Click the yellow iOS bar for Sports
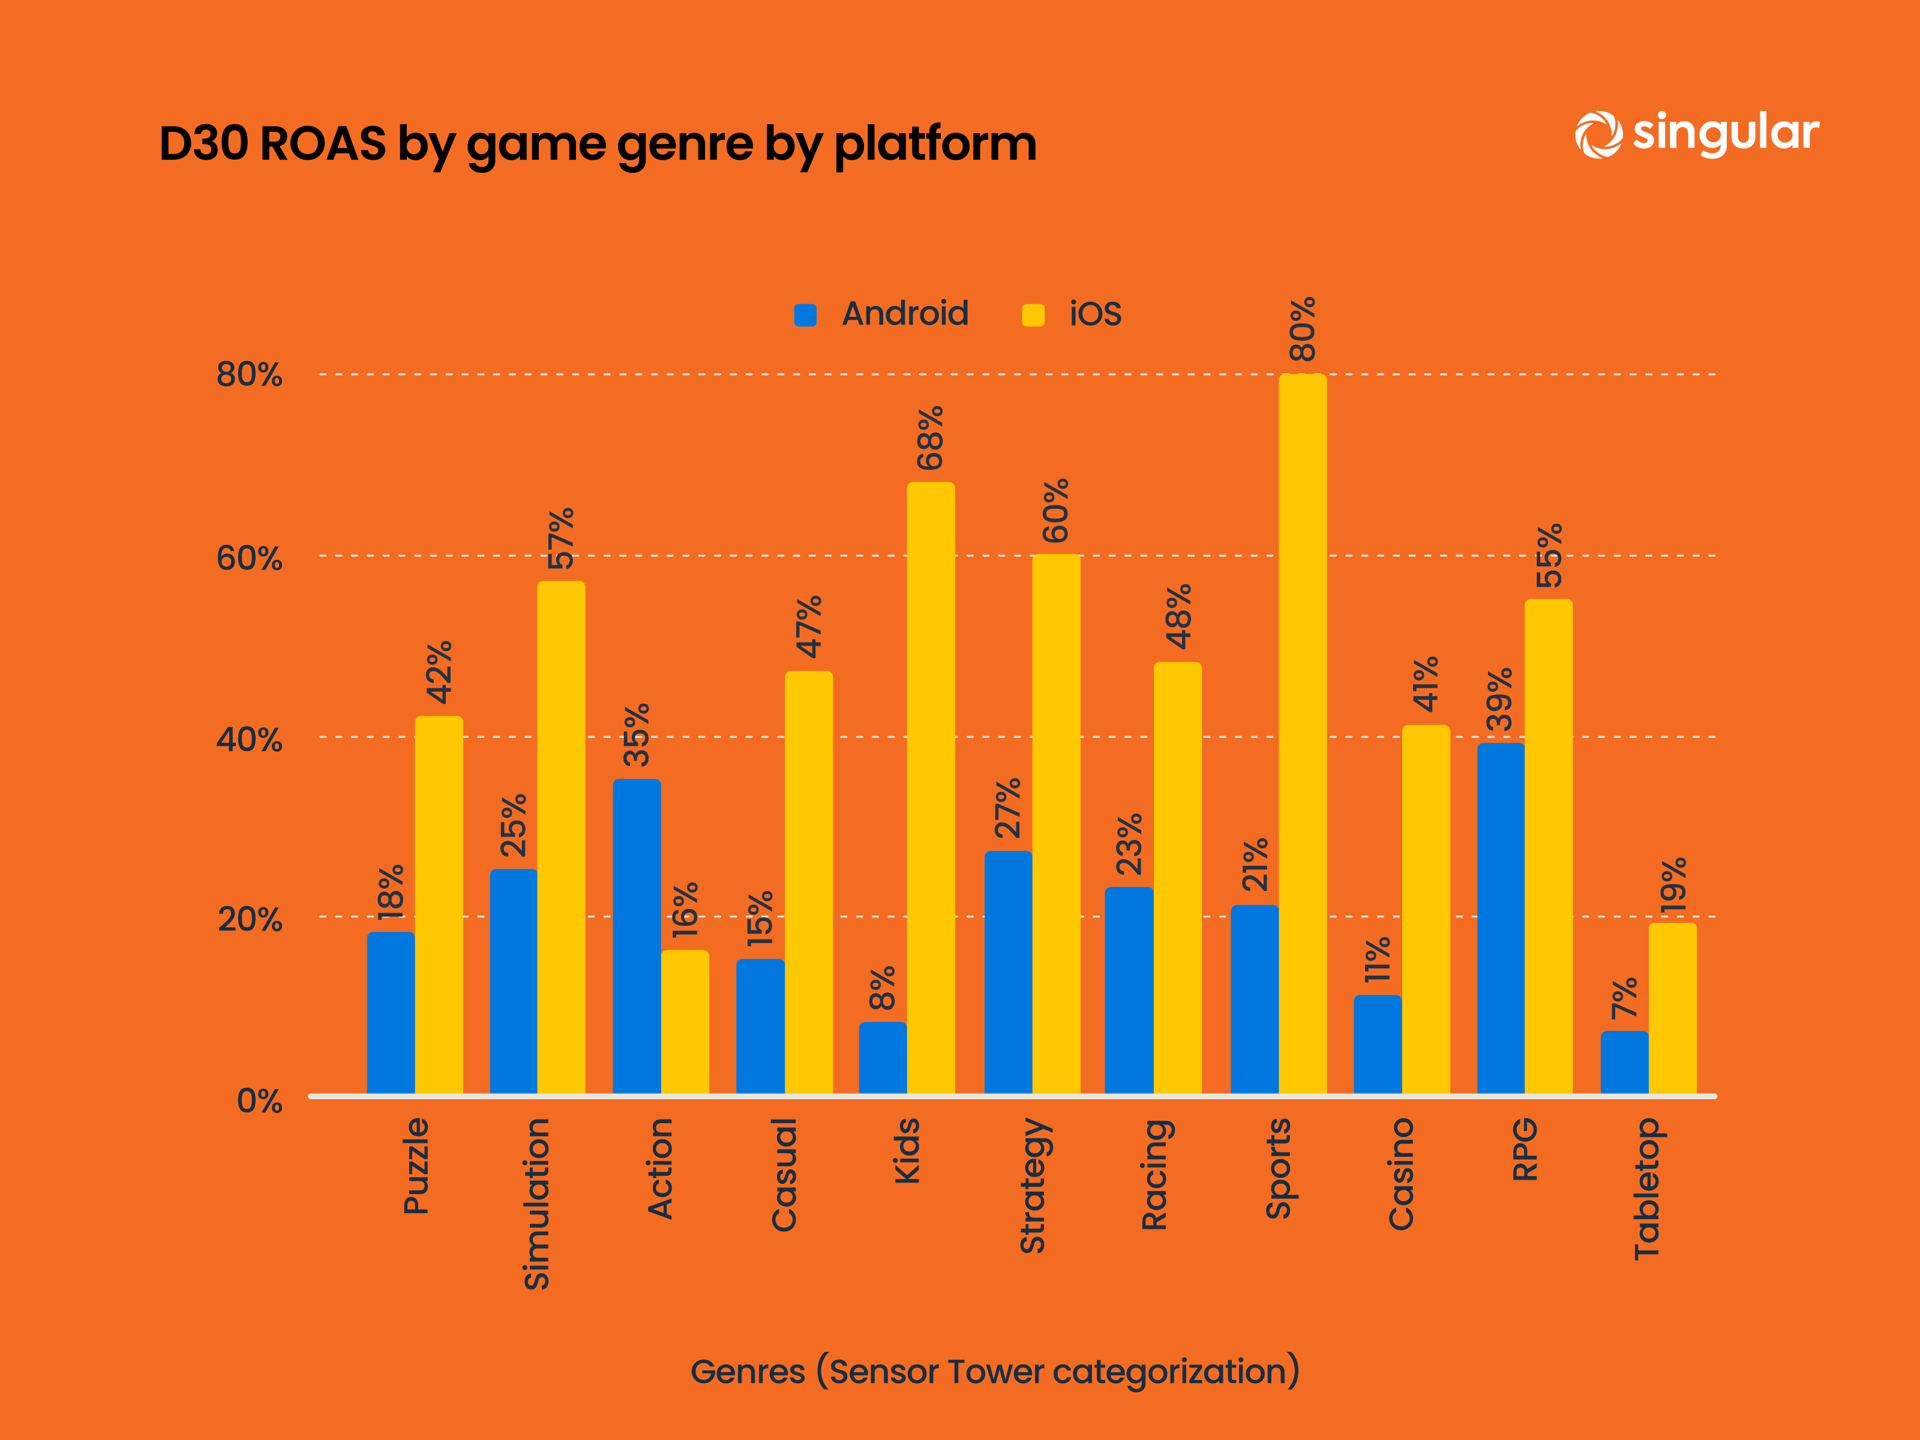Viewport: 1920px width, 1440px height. click(1302, 733)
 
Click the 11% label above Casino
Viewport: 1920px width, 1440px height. click(1378, 959)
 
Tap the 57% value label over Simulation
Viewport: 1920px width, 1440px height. click(561, 538)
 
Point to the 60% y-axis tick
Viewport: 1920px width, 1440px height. click(249, 557)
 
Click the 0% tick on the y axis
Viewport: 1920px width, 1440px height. click(260, 1100)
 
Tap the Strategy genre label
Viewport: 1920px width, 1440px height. click(1033, 1186)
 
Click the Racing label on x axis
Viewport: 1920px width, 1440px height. click(1154, 1174)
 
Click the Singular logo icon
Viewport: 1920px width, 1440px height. click(1598, 134)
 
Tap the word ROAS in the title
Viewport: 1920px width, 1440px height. click(322, 143)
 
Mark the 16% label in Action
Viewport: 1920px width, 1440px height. click(685, 909)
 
